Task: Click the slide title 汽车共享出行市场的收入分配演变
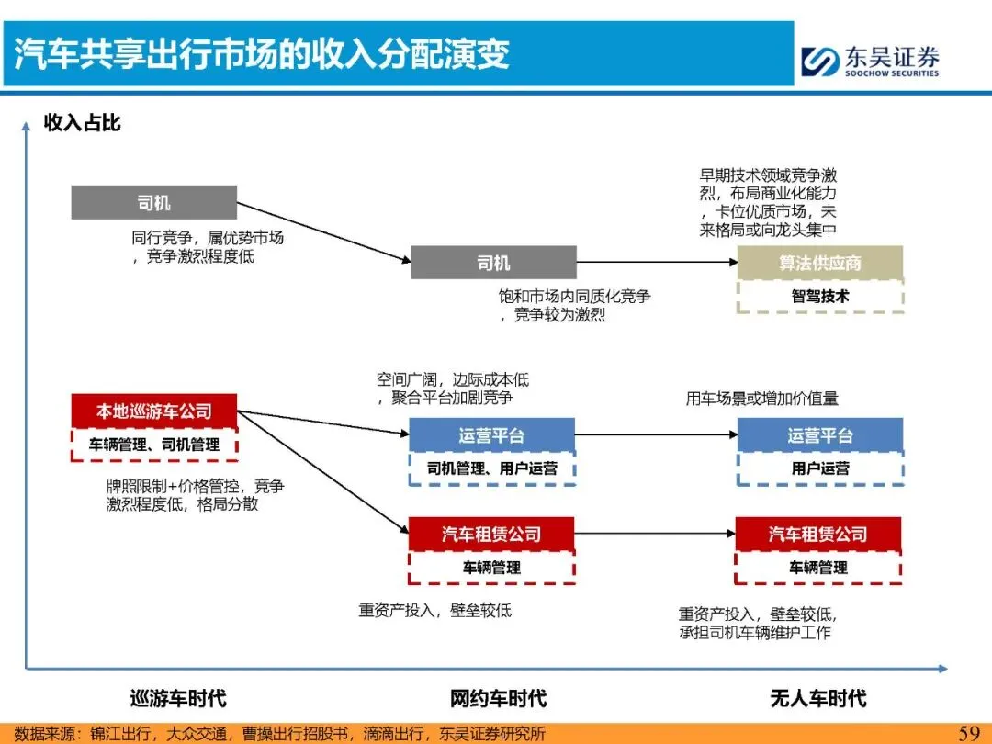click(262, 53)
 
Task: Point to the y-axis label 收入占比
click(83, 123)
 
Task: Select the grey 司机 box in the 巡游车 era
click(153, 203)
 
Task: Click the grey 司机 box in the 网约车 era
click(493, 263)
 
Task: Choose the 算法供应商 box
click(820, 263)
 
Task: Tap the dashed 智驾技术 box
click(820, 297)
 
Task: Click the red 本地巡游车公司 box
click(153, 411)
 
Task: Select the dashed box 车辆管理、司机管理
click(153, 445)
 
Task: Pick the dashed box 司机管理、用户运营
click(491, 468)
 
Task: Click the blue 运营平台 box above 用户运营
click(820, 435)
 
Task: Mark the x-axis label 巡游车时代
click(177, 698)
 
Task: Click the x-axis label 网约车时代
click(498, 698)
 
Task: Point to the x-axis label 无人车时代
click(817, 698)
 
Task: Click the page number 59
click(969, 732)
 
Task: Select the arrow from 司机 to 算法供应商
click(657, 263)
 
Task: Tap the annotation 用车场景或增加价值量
click(761, 399)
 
